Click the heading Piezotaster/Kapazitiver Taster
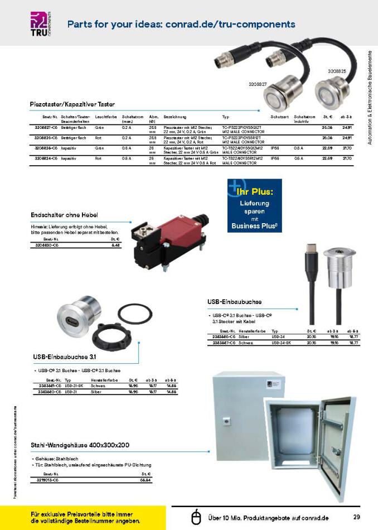coord(69,104)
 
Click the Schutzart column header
coord(279,116)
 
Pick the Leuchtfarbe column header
coord(105,116)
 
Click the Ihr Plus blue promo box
coord(254,205)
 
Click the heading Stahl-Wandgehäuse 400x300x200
coord(80,445)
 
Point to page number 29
coord(356,516)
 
